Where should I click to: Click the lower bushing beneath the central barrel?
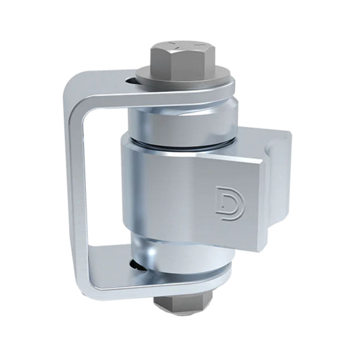[x=180, y=252]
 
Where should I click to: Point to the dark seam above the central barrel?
[x=180, y=144]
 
